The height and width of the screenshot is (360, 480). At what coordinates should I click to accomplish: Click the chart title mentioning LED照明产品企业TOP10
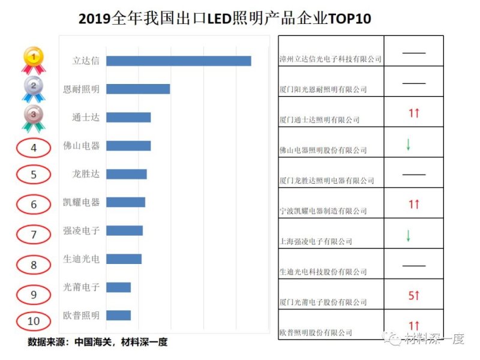coord(225,18)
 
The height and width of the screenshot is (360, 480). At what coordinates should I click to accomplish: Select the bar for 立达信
coord(178,61)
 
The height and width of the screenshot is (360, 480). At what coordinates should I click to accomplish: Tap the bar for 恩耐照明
coord(137,89)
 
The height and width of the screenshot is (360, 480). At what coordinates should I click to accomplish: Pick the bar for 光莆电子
coord(118,287)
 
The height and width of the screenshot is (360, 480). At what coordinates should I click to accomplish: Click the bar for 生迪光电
coord(124,259)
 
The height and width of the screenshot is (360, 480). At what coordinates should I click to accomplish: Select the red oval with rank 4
coord(34,147)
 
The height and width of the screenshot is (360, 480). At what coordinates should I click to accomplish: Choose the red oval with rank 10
coord(34,321)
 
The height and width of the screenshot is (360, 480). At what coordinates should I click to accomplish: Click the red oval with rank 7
coord(34,235)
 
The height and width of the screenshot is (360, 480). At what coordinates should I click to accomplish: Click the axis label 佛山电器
coord(82,146)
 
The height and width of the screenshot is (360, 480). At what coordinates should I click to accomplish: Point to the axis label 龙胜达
coord(86,174)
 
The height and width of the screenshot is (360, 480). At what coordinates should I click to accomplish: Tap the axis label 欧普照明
coord(82,315)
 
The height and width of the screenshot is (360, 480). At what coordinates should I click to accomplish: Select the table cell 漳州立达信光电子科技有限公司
coord(331,59)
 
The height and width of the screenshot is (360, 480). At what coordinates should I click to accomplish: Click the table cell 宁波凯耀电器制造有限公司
coord(323,211)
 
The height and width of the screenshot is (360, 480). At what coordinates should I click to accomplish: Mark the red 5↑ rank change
coord(413,295)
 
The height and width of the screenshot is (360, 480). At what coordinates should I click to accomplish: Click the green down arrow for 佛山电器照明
coord(408,144)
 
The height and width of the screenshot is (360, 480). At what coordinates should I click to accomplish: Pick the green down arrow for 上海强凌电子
coord(408,235)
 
